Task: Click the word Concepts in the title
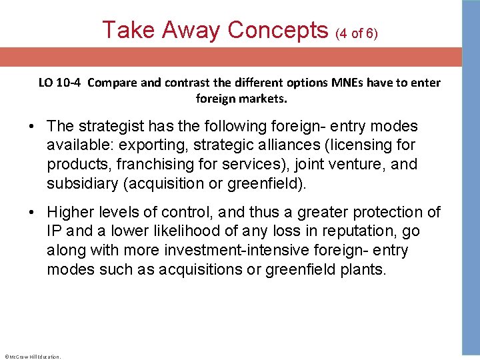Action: pyautogui.click(x=278, y=30)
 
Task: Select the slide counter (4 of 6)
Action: pyautogui.click(x=357, y=33)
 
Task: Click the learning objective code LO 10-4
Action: pyautogui.click(x=61, y=83)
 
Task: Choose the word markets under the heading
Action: pyautogui.click(x=263, y=99)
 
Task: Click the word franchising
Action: pyautogui.click(x=139, y=165)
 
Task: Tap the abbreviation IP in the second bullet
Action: pyautogui.click(x=55, y=231)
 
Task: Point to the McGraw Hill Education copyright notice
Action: pyautogui.click(x=32, y=357)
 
